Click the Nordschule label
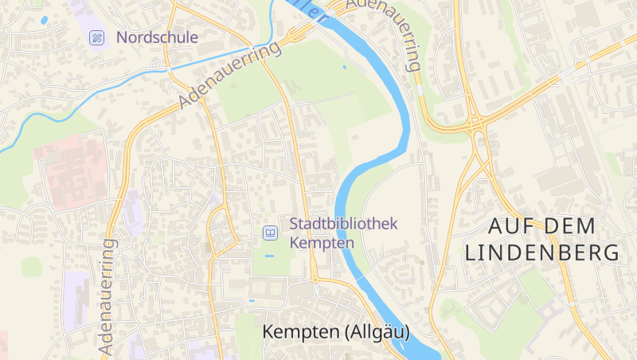click(x=157, y=37)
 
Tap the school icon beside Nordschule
click(x=96, y=37)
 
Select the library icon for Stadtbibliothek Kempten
click(x=271, y=233)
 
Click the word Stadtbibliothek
click(x=343, y=225)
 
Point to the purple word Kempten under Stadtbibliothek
click(x=322, y=242)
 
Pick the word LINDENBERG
click(x=541, y=253)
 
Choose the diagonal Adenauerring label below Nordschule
click(x=230, y=76)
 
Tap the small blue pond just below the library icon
click(x=268, y=256)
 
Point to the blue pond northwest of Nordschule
click(x=44, y=20)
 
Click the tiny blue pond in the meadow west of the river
click(x=344, y=67)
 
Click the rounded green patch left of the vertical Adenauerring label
click(x=32, y=267)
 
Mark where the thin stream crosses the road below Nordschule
click(x=168, y=69)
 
